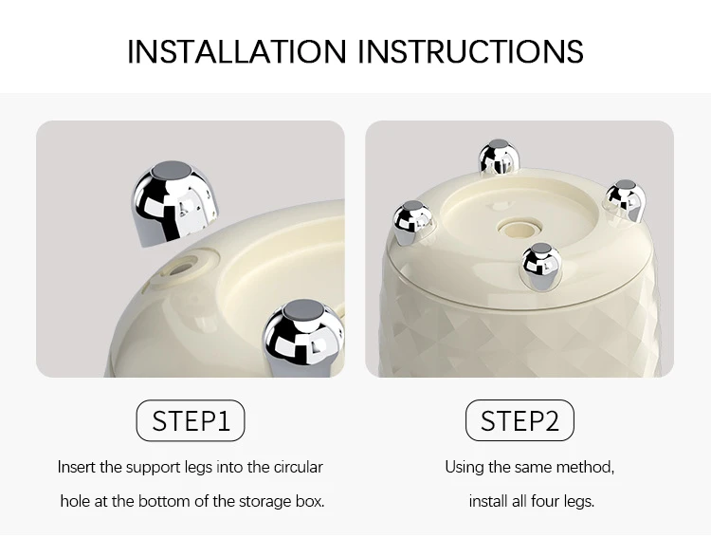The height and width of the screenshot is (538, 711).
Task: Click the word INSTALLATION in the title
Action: tap(237, 51)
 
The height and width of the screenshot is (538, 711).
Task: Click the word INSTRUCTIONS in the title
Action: tap(470, 51)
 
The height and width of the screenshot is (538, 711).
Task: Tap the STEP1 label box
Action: tap(191, 420)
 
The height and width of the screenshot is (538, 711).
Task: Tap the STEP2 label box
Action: tap(520, 420)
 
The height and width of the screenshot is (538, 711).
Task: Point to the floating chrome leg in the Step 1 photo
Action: tap(175, 202)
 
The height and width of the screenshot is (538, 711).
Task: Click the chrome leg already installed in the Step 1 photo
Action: tap(303, 337)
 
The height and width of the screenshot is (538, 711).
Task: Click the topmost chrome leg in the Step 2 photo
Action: tap(499, 157)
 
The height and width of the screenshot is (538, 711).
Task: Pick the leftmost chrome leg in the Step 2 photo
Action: tap(411, 222)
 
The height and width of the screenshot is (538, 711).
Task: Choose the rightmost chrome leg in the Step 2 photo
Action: tap(625, 200)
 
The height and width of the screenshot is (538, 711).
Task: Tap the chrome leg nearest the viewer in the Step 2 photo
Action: tap(541, 266)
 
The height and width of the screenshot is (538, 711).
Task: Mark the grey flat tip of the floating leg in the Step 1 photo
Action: tap(172, 171)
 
